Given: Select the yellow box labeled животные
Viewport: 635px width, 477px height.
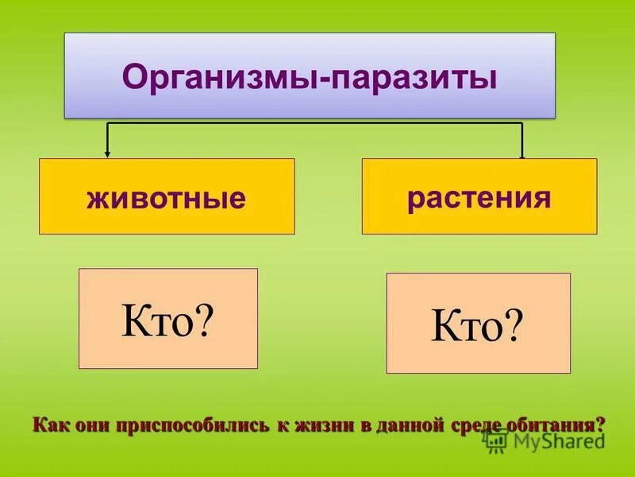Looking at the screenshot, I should (x=167, y=196).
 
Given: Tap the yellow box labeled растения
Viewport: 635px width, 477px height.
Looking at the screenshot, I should (x=479, y=196).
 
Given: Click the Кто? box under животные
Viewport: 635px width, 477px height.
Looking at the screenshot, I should (x=168, y=318).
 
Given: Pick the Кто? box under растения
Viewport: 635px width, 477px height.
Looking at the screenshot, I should (x=478, y=323).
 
